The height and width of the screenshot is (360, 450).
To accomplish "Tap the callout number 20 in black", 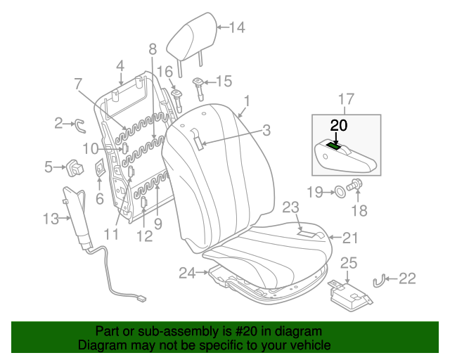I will tap(338, 125).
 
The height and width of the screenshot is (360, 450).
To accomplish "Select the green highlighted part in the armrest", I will tap(335, 146).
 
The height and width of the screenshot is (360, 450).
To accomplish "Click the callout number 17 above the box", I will tap(346, 98).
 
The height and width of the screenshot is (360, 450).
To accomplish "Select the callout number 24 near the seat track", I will tap(187, 272).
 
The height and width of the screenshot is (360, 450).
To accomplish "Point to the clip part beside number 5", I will tap(72, 167).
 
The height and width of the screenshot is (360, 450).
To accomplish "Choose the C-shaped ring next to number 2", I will tap(79, 125).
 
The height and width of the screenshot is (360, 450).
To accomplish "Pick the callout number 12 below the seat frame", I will tap(144, 236).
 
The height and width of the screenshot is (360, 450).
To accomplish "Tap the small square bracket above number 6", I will tap(100, 169).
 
